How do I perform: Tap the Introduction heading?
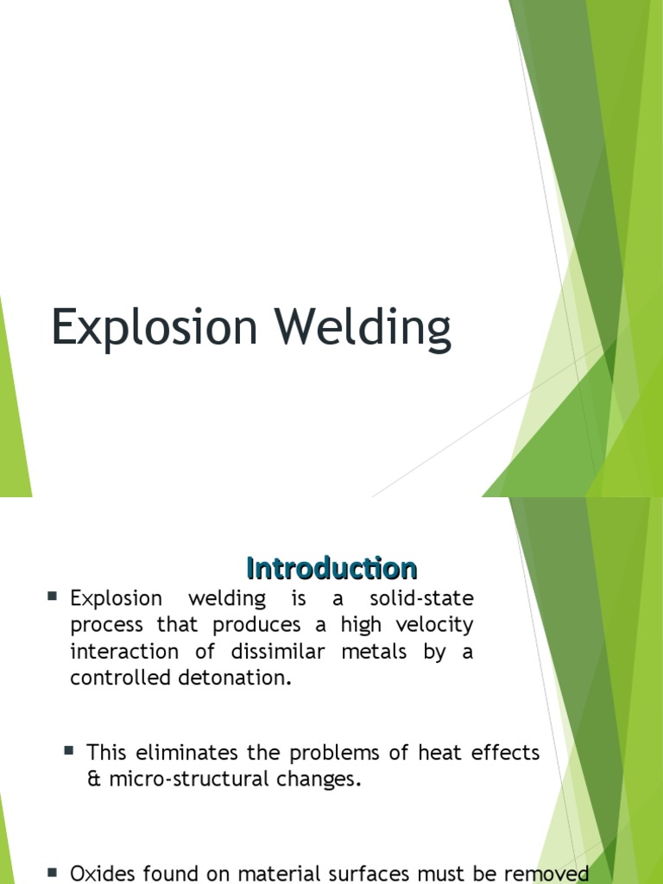[x=331, y=568]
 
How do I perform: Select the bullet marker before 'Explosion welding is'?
[x=53, y=597]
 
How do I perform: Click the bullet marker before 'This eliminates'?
[x=69, y=752]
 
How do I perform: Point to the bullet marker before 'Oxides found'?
[x=53, y=873]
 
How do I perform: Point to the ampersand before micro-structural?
[x=93, y=780]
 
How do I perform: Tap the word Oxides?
[x=102, y=874]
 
